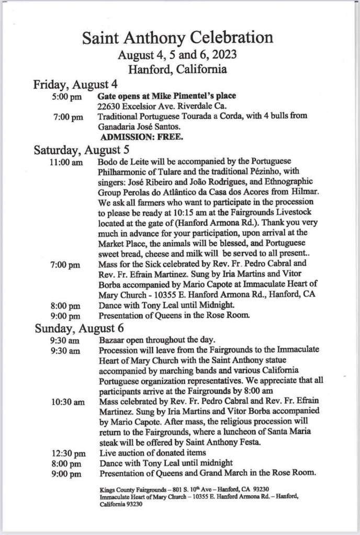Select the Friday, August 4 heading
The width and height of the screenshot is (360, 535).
(x=75, y=84)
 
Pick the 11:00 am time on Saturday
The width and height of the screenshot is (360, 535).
(x=66, y=163)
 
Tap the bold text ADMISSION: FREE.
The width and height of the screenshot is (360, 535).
(x=141, y=139)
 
